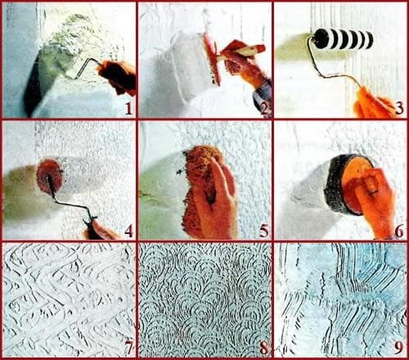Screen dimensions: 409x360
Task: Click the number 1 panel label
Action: tap(128, 109)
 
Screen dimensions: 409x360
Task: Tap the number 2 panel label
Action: tap(264, 109)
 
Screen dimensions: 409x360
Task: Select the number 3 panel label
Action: tap(399, 109)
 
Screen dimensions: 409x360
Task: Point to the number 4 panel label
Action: tap(128, 232)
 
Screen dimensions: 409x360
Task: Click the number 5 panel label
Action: tap(264, 232)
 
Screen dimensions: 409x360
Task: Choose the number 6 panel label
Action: tap(399, 232)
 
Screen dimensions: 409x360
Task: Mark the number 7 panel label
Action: tap(128, 349)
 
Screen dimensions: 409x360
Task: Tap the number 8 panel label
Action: tap(264, 349)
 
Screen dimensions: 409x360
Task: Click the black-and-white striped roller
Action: tap(343, 38)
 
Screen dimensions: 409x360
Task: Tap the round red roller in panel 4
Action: tap(49, 177)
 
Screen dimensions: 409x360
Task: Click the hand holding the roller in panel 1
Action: tap(118, 76)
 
